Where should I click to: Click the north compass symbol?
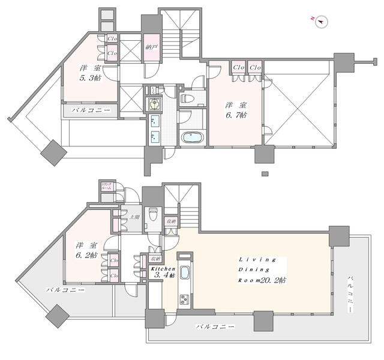click(320, 21)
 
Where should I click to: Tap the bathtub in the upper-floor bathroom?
click(191, 137)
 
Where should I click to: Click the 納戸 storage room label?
click(151, 46)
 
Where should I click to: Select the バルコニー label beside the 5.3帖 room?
click(91, 110)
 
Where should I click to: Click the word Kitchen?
click(162, 269)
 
